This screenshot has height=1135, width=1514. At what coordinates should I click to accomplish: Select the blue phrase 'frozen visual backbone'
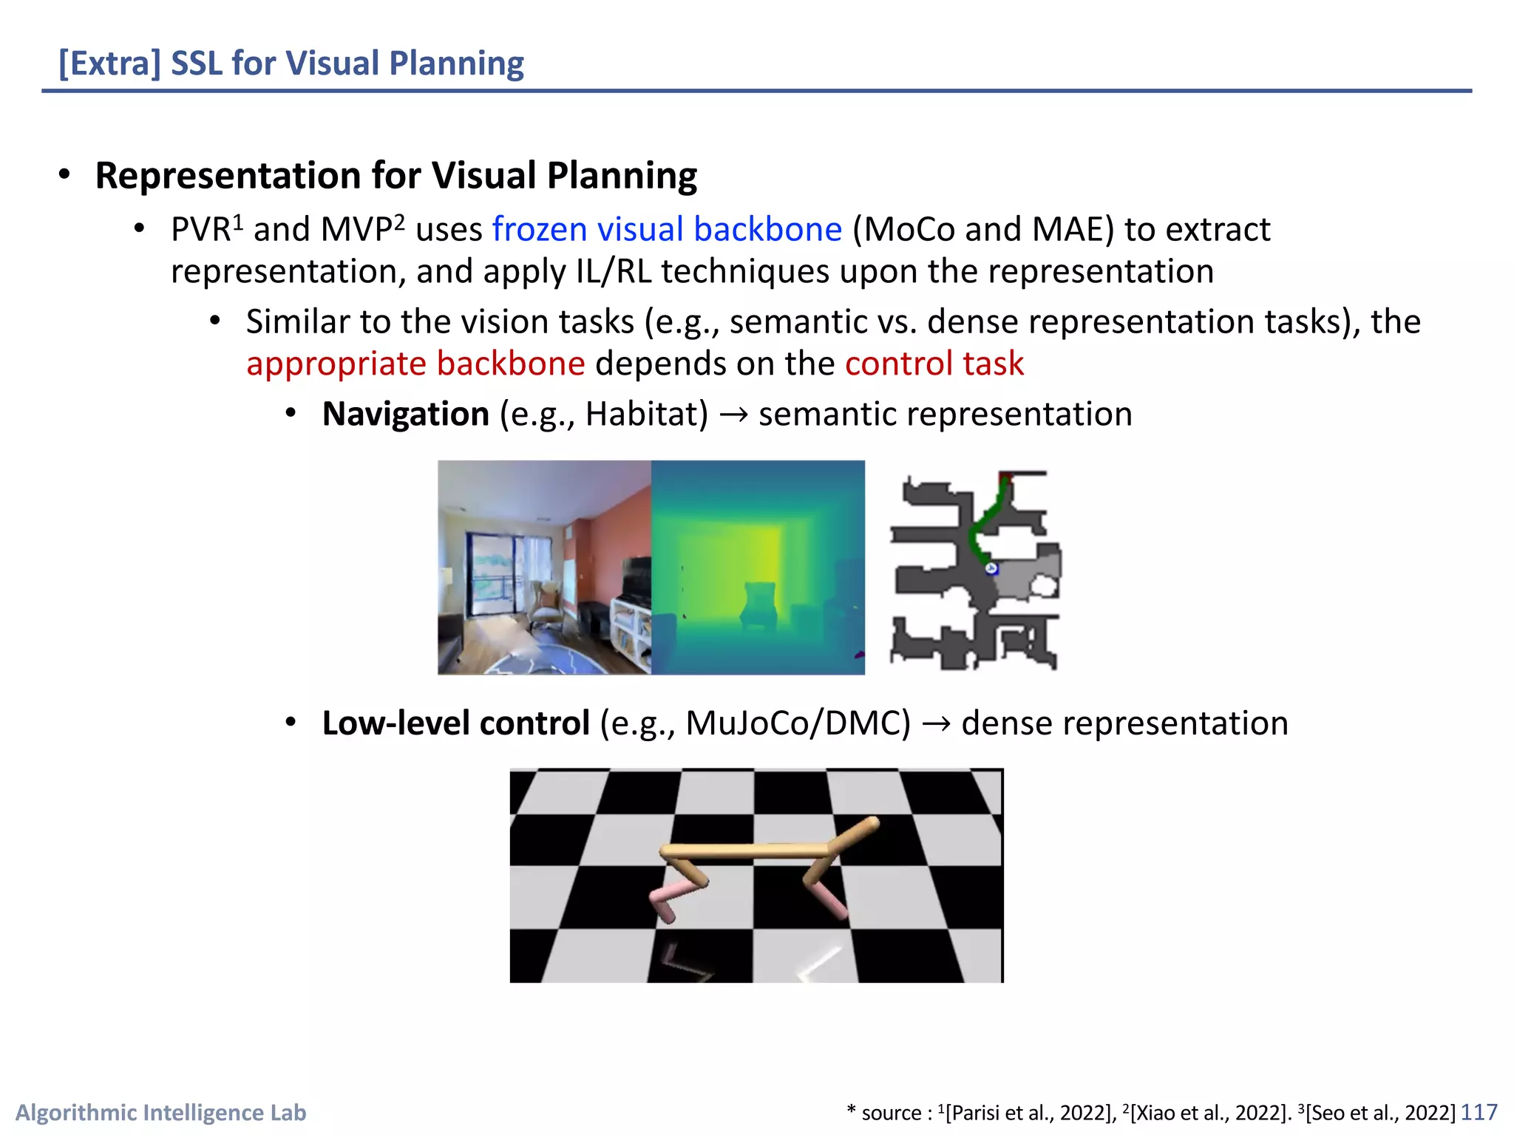(x=667, y=230)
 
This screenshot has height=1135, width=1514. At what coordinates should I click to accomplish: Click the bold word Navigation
(x=406, y=415)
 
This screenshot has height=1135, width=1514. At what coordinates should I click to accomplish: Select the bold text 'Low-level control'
(x=455, y=723)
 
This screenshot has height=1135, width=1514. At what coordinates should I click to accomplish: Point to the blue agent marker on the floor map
(x=992, y=568)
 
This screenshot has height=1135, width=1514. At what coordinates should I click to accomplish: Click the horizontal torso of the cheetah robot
(x=747, y=851)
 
